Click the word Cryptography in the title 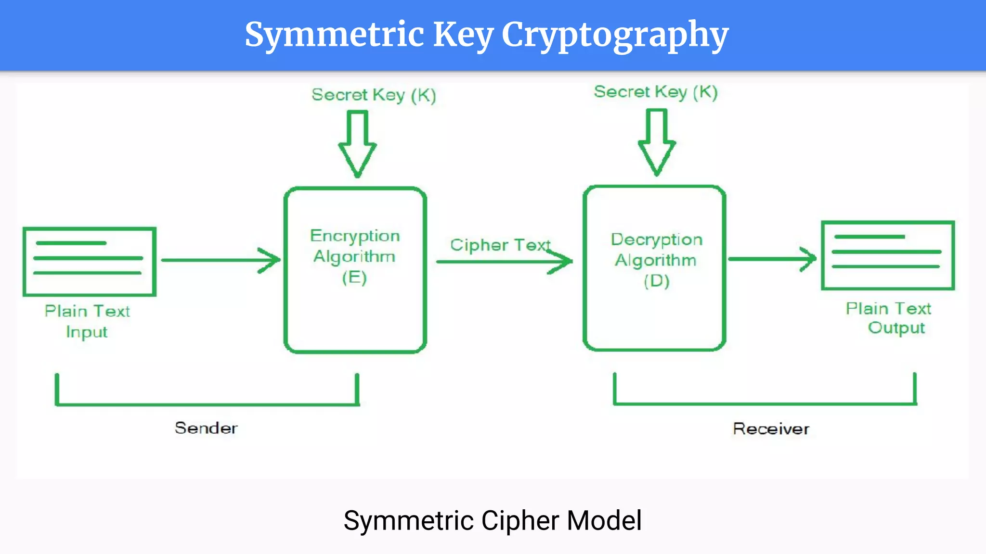click(615, 35)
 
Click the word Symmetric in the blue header click(334, 35)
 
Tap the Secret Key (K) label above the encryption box click(374, 95)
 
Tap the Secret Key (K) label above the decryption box click(656, 92)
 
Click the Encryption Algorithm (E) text click(355, 256)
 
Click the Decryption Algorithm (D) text click(656, 260)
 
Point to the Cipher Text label click(500, 245)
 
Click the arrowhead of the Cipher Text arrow click(563, 262)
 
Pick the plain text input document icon click(90, 262)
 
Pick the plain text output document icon click(888, 255)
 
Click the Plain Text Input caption click(87, 321)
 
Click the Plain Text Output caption click(889, 318)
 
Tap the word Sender click(206, 428)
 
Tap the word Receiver click(771, 429)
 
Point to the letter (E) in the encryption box click(354, 277)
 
